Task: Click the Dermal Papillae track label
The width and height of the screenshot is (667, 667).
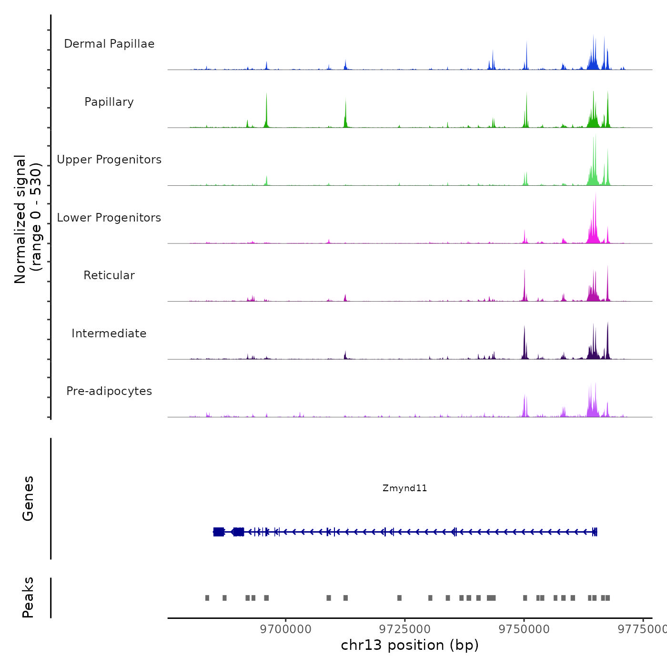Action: [109, 44]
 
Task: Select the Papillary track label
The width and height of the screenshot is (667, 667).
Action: [109, 102]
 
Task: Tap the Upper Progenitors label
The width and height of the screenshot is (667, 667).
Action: [109, 160]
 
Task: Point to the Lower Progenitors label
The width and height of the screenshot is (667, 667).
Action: [109, 218]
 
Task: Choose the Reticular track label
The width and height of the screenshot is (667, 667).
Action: [109, 275]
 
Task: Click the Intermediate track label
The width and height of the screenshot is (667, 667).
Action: [109, 333]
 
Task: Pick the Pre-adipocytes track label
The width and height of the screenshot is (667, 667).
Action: [109, 391]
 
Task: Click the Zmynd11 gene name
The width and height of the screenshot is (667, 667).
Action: [404, 488]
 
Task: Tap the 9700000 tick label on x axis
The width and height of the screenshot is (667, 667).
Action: [286, 629]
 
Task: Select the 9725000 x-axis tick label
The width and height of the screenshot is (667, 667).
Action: [405, 629]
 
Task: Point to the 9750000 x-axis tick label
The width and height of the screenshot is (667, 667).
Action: [524, 629]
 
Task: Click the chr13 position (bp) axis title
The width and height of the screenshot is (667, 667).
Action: [410, 645]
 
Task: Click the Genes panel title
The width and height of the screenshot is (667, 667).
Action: [28, 498]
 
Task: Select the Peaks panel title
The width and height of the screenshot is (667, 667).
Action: [28, 597]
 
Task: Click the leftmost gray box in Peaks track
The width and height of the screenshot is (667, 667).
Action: [207, 598]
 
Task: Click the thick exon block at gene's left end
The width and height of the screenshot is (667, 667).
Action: [219, 532]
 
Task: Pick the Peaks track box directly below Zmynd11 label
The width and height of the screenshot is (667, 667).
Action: [399, 598]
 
